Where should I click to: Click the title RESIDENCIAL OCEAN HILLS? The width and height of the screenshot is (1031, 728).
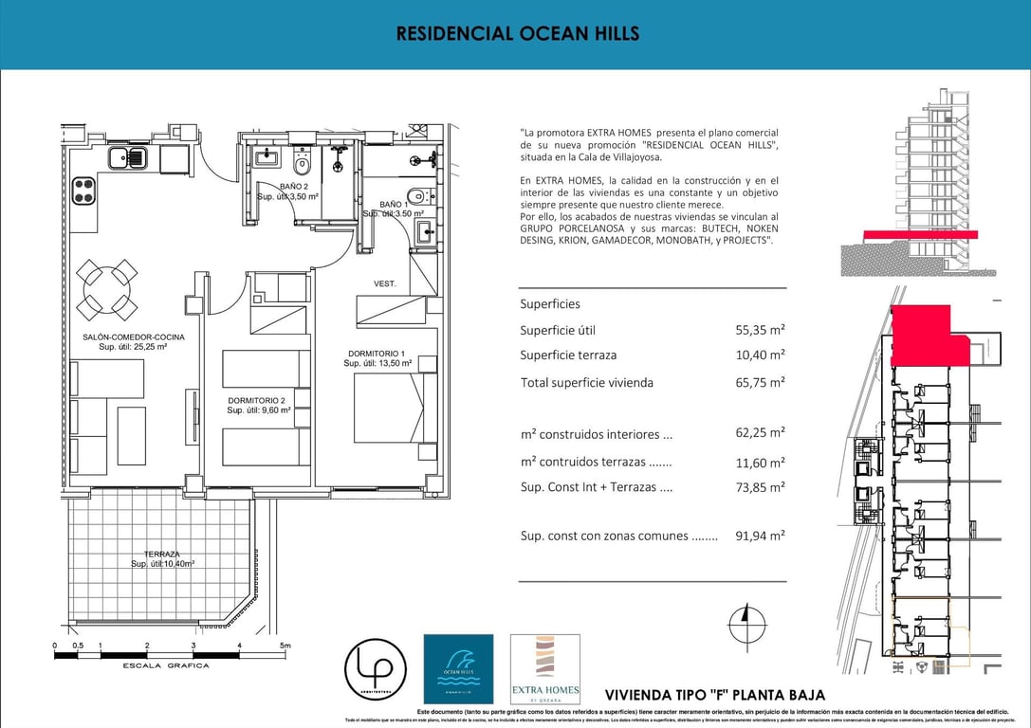517,34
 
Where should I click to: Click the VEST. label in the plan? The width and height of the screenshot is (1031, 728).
385,283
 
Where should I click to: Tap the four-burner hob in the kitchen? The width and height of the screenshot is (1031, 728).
83,190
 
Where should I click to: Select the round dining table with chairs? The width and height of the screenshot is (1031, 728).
106,289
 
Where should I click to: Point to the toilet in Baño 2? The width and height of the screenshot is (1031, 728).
303,164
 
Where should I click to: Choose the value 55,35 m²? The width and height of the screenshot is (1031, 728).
760,330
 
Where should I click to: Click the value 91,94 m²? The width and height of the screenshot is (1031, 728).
760,536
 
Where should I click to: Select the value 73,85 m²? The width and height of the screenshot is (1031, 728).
760,487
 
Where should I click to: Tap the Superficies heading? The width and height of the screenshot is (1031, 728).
550,304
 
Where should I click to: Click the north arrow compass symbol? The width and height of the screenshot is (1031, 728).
745,625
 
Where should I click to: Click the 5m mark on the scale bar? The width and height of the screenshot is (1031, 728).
284,646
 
